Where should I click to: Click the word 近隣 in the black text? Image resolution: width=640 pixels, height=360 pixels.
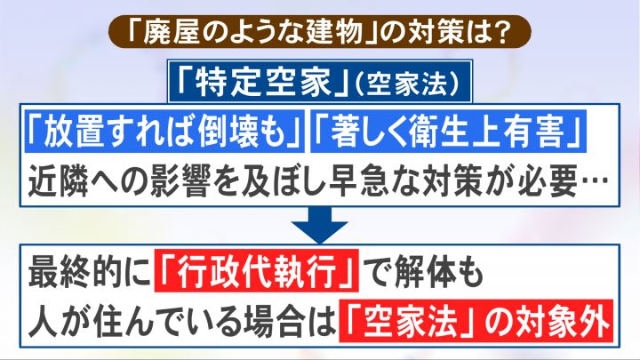pos(75,180)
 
